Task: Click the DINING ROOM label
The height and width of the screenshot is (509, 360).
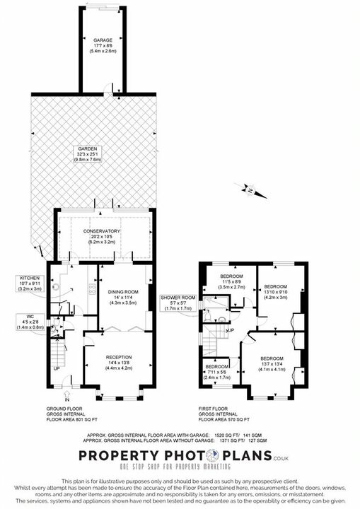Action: point(122,292)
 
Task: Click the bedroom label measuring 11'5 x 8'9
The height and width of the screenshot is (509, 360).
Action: point(231,275)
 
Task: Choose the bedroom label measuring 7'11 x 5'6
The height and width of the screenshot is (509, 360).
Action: point(216,367)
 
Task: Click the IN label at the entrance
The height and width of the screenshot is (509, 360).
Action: point(67,400)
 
